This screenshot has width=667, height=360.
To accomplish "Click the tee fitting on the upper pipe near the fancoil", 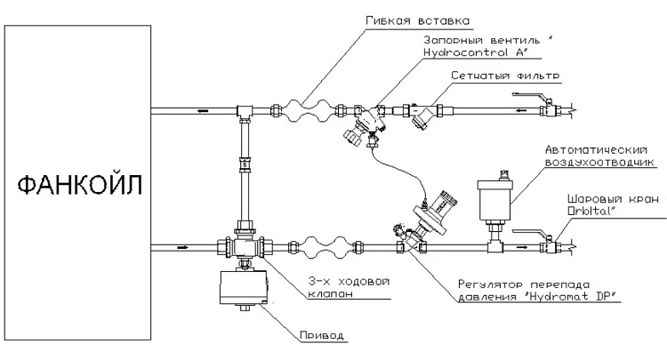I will coord(247,111).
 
